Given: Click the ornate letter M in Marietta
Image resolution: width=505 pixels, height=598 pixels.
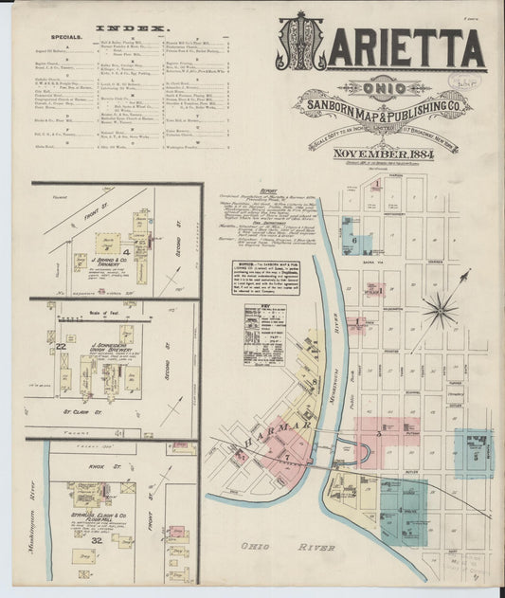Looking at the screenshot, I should click(302, 43).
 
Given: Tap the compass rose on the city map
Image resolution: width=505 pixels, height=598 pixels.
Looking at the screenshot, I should click(440, 309).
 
